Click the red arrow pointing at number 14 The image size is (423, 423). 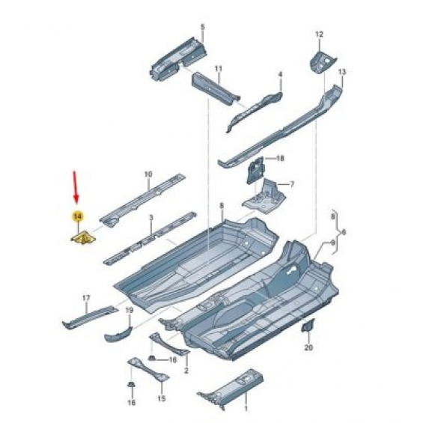point(76,187)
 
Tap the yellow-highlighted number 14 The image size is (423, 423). point(77,216)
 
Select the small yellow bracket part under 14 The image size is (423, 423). point(84,238)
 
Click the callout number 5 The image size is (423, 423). point(203,27)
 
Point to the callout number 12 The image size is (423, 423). point(319,34)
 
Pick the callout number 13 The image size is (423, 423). point(342,72)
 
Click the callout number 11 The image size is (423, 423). point(219,69)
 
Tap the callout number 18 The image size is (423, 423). point(280,158)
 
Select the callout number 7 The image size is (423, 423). point(292,184)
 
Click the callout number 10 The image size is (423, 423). point(148,174)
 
